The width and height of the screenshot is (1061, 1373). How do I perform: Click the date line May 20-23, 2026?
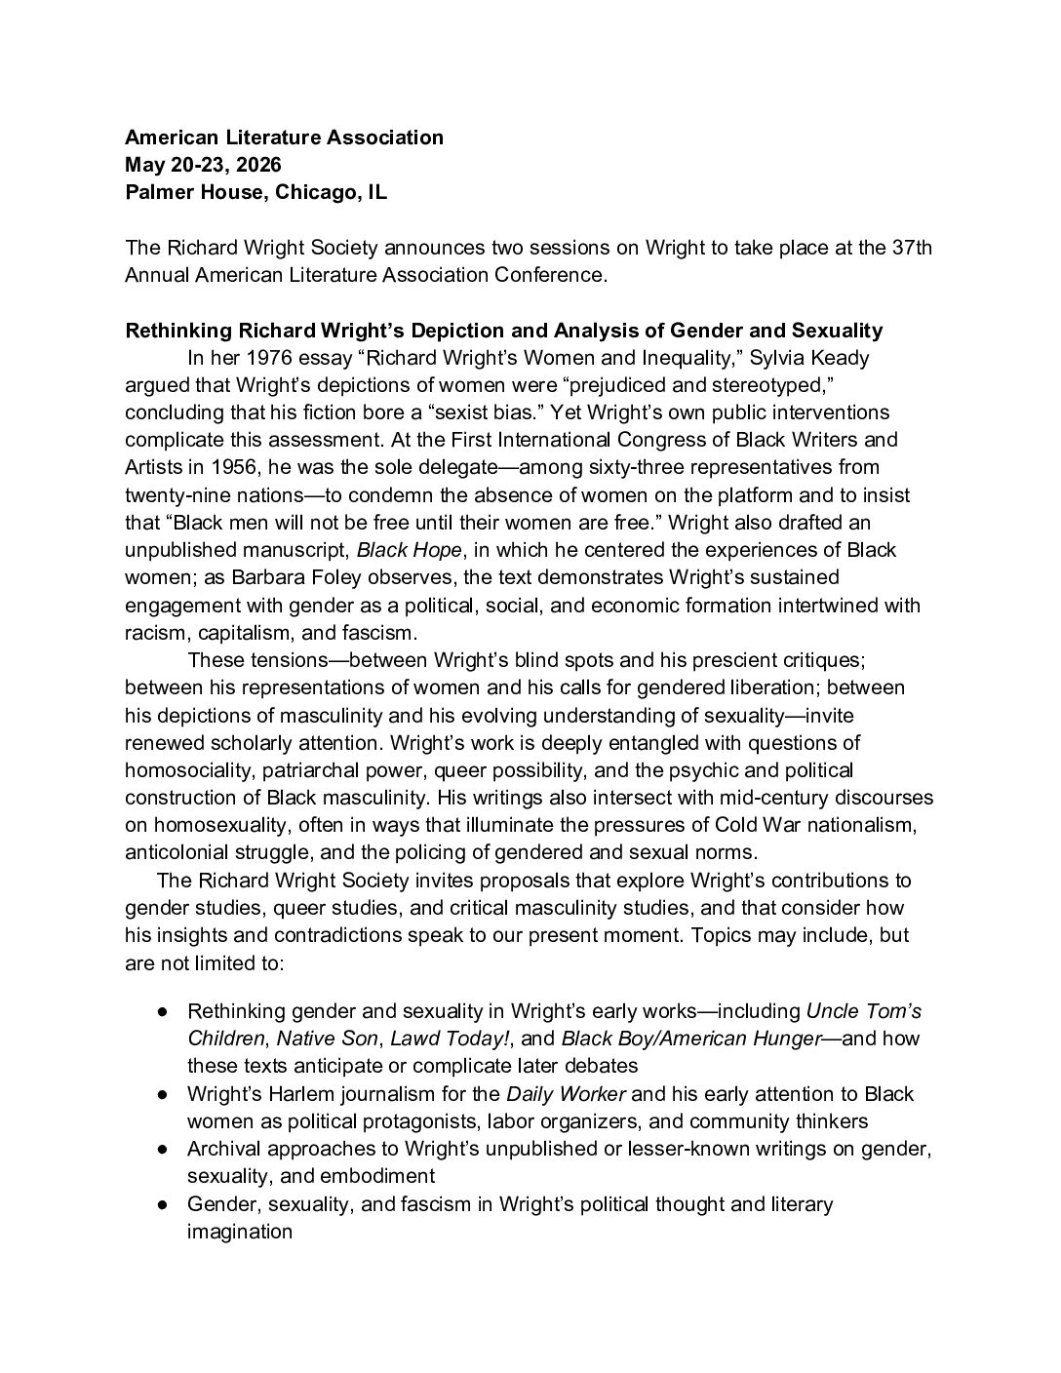click(x=203, y=165)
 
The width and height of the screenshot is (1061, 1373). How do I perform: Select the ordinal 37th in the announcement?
click(x=912, y=247)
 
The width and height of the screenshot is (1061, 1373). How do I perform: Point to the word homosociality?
click(x=188, y=770)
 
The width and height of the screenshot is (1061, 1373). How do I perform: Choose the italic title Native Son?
click(x=319, y=1038)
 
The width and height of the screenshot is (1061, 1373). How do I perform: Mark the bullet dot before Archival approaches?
click(x=163, y=1149)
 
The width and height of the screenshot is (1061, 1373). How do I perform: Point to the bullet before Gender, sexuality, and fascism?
click(x=163, y=1204)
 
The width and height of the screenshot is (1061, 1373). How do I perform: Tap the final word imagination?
click(x=239, y=1232)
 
